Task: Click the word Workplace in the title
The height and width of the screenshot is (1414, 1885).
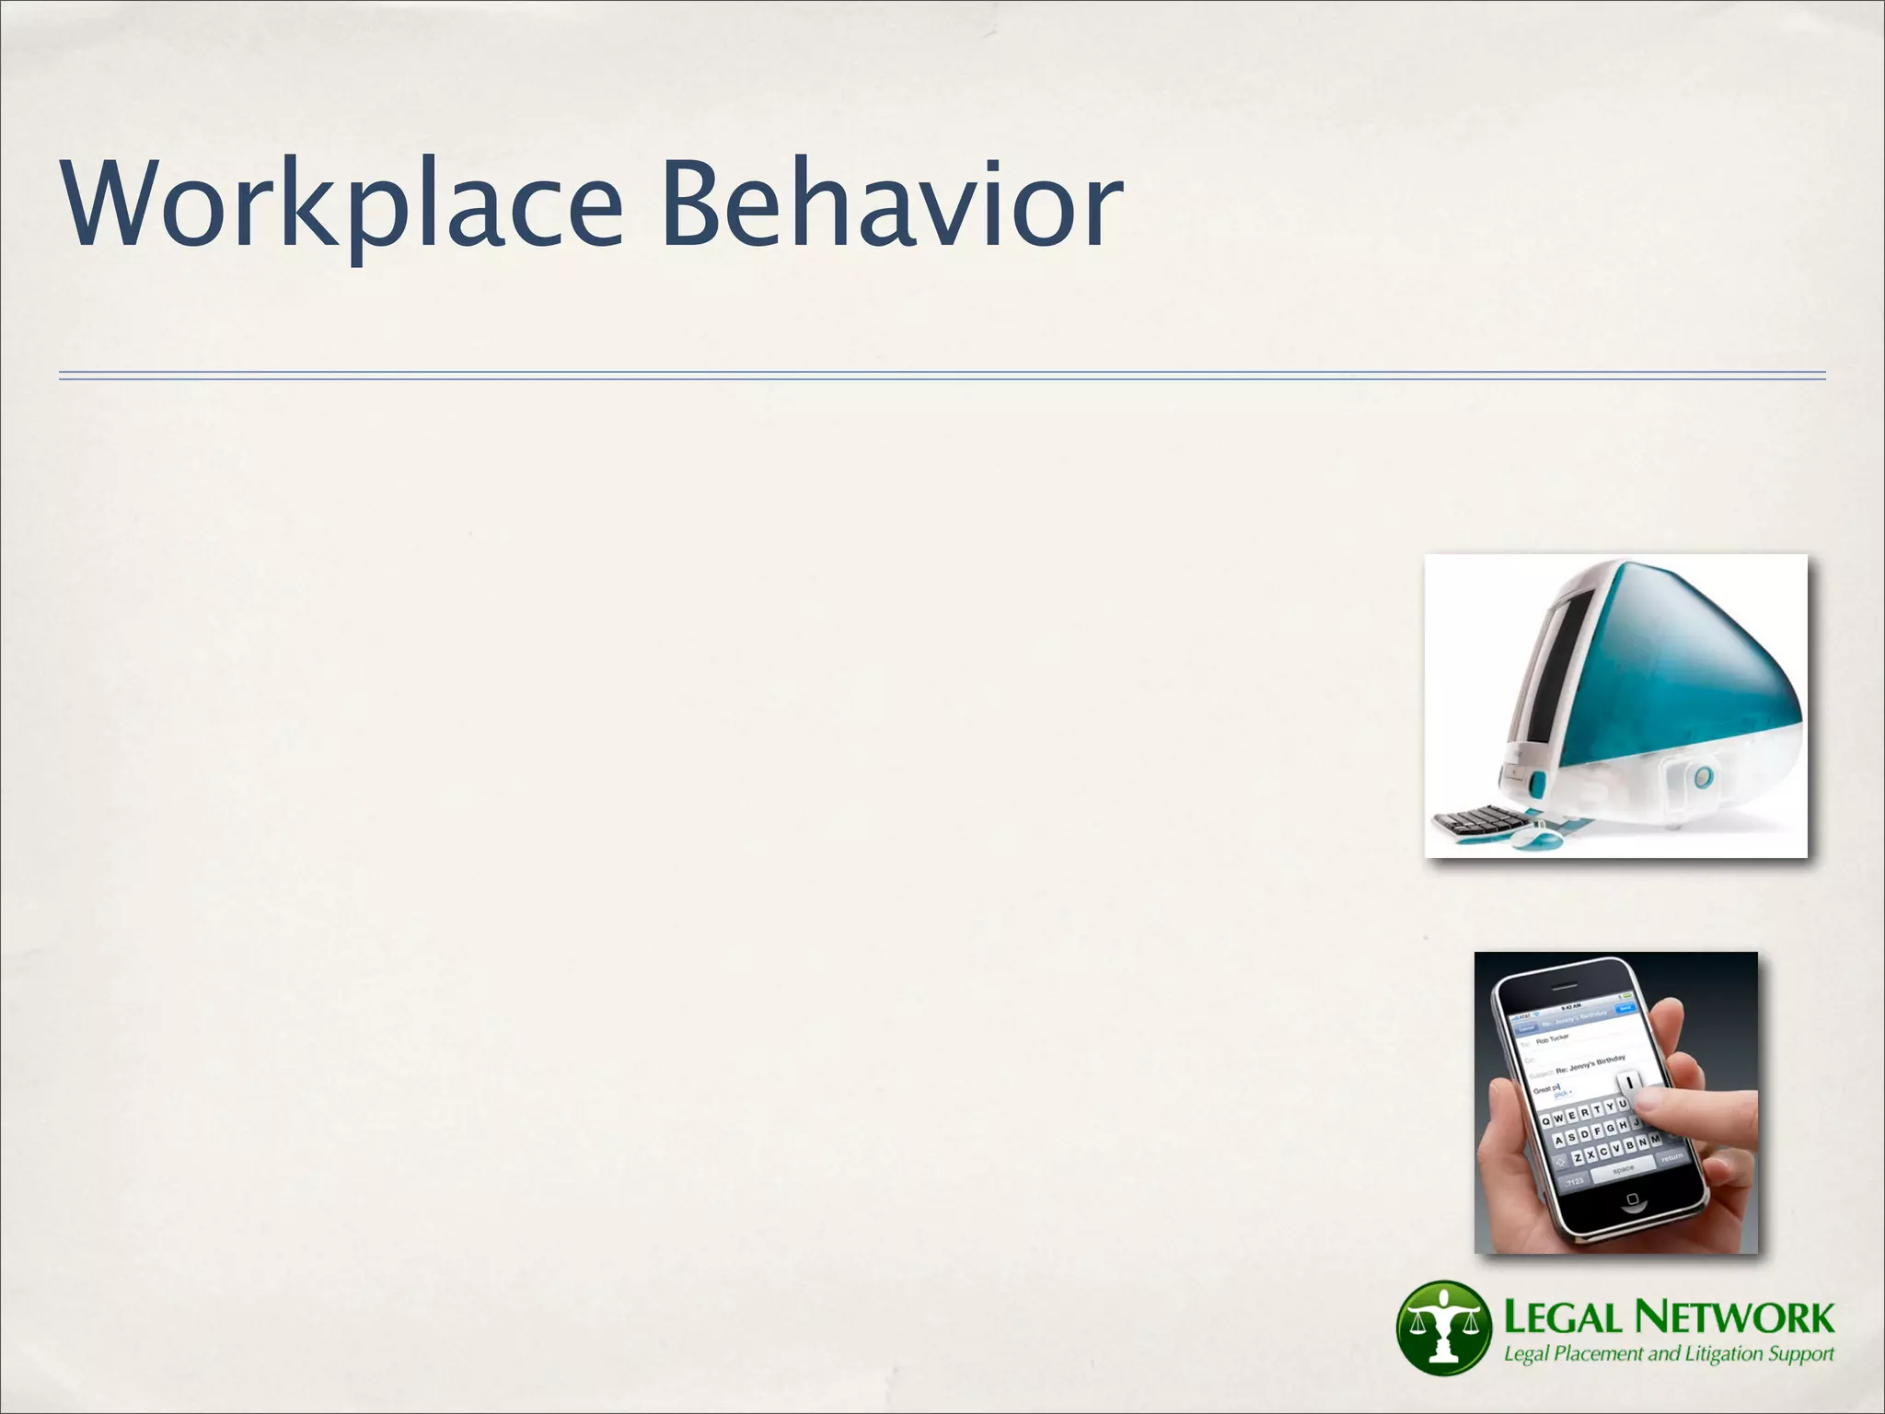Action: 341,204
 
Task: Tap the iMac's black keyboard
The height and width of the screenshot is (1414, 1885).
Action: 1472,819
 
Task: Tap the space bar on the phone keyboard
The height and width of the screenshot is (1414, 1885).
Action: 1624,1169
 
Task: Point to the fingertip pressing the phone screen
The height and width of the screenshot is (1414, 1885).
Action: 1652,1101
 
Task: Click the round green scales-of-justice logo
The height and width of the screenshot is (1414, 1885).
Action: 1442,1327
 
